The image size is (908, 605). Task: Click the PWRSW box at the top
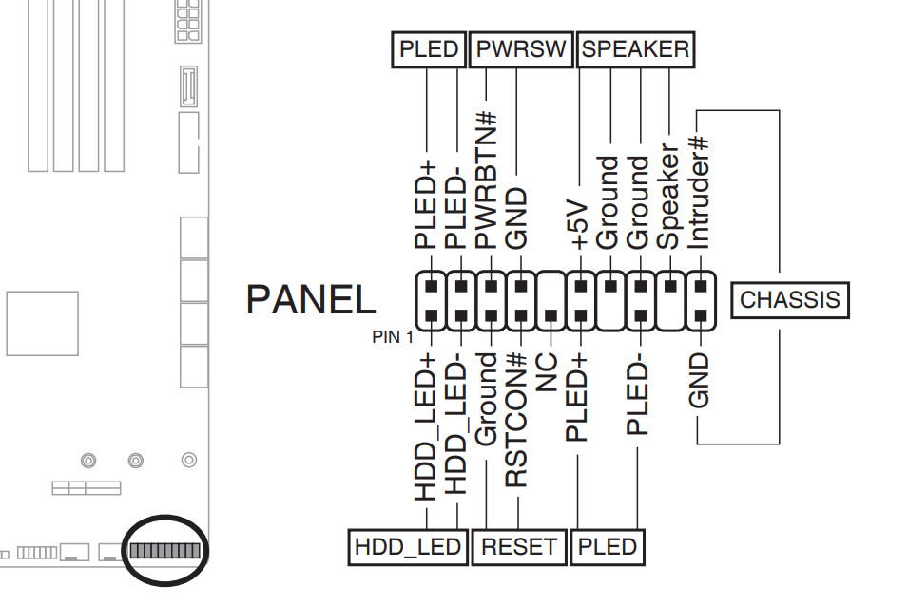coord(521,49)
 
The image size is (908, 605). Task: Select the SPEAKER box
coord(635,49)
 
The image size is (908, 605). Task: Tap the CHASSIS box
coord(790,300)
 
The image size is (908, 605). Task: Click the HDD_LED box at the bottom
coord(408,547)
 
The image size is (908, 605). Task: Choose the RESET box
coord(518,547)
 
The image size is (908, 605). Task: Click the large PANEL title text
coord(311,300)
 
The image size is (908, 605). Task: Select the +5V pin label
coord(579,224)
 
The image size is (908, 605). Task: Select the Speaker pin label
coord(669,198)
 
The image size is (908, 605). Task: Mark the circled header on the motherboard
coord(165,551)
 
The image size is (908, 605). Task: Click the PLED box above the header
coord(429,49)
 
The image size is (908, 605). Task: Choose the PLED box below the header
coord(607,547)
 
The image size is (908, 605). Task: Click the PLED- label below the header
coord(639,396)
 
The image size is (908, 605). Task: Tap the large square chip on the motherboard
coord(42,323)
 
